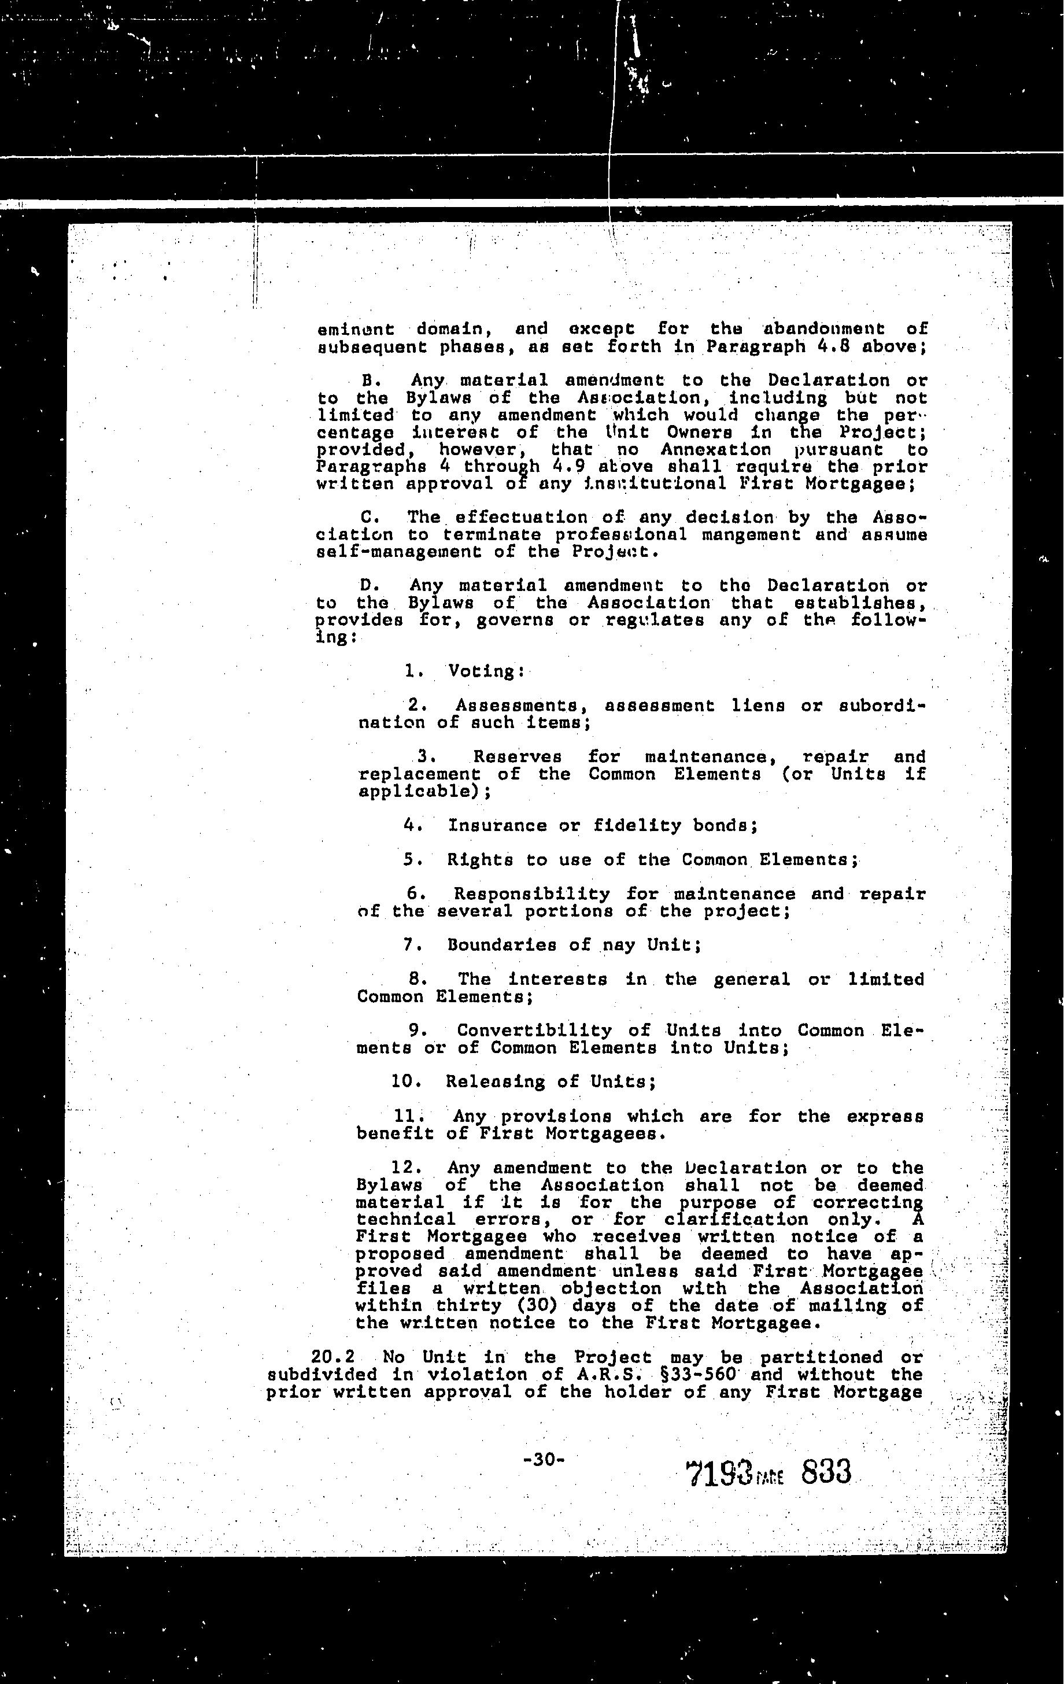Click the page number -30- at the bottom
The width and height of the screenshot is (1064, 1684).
point(543,1459)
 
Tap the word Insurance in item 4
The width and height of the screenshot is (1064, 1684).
point(498,826)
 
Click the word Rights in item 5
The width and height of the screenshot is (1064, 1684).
point(479,860)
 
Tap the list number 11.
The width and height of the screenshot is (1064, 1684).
point(411,1117)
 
